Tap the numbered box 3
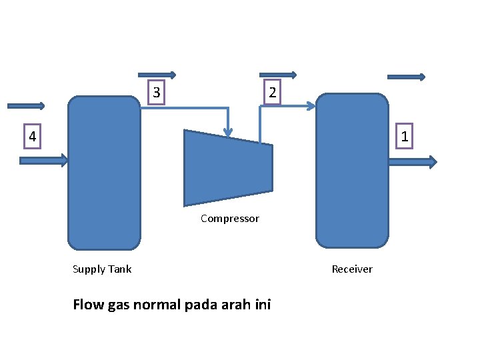pyautogui.click(x=156, y=92)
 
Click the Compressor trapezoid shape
pyautogui.click(x=228, y=168)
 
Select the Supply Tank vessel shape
pyautogui.click(x=104, y=173)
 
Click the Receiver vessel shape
pyautogui.click(x=352, y=171)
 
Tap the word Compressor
pyautogui.click(x=229, y=219)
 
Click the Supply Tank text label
pyautogui.click(x=102, y=269)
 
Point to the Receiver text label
pyautogui.click(x=352, y=269)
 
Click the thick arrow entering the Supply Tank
pyautogui.click(x=44, y=160)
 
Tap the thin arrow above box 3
pyautogui.click(x=157, y=75)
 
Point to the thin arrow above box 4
pyautogui.click(x=26, y=105)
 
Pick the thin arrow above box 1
pyautogui.click(x=406, y=77)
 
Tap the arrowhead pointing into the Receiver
pyautogui.click(x=311, y=106)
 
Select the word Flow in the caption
pyautogui.click(x=87, y=305)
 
